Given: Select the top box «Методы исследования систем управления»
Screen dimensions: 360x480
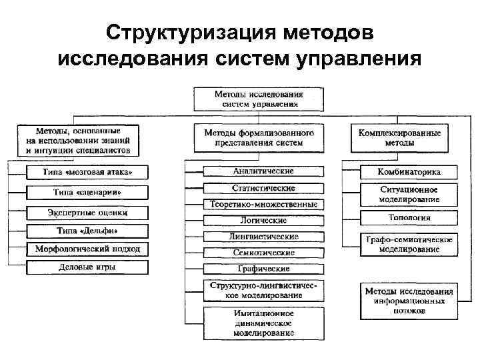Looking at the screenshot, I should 259,99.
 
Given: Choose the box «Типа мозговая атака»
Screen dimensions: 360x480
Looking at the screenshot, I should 88,173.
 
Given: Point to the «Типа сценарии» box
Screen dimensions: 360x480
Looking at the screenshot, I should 88,193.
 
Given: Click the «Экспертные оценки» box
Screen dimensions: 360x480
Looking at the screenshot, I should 88,213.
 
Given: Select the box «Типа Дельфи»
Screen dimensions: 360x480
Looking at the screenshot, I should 88,231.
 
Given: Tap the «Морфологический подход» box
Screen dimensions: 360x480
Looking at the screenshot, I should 88,249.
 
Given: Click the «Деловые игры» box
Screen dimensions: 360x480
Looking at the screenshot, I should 88,267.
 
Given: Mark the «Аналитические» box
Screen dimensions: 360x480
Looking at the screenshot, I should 263,171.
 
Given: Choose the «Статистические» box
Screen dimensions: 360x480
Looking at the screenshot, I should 263,188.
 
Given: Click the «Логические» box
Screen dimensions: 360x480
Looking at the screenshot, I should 263,220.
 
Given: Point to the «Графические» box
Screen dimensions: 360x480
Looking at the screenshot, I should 263,269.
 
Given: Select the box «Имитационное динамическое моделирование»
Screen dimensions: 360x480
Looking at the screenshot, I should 263,323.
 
